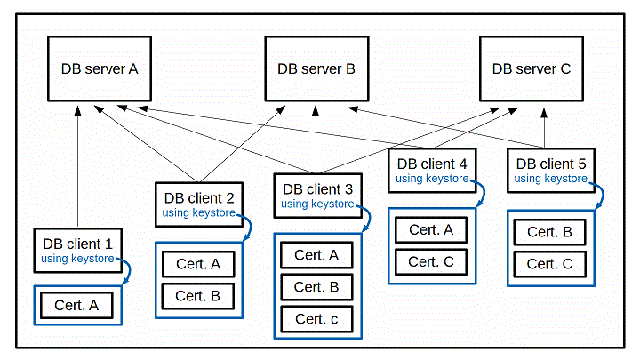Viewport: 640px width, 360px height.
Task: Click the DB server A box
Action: [x=100, y=68]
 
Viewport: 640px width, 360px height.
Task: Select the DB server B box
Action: [x=316, y=68]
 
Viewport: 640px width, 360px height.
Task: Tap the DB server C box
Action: [x=532, y=68]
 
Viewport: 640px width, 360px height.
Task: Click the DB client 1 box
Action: [x=77, y=252]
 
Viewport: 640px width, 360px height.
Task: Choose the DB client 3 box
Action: [x=317, y=196]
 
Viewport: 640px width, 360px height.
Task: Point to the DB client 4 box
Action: [x=431, y=170]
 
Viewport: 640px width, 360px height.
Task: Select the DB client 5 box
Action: [x=550, y=170]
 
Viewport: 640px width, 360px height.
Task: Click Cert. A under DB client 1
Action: [x=76, y=305]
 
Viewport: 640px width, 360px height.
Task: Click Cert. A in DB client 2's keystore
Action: [x=198, y=264]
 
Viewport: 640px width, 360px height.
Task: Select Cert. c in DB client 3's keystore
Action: [x=316, y=319]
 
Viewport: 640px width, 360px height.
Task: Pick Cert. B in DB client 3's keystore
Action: [x=316, y=287]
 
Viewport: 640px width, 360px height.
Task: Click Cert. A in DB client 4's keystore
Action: [x=431, y=230]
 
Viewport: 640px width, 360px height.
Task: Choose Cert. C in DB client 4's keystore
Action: [x=431, y=262]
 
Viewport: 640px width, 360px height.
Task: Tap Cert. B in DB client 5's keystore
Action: [x=549, y=232]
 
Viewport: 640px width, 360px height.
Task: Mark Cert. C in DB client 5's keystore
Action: [x=549, y=264]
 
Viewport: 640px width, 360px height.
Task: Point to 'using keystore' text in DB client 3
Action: [x=317, y=204]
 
